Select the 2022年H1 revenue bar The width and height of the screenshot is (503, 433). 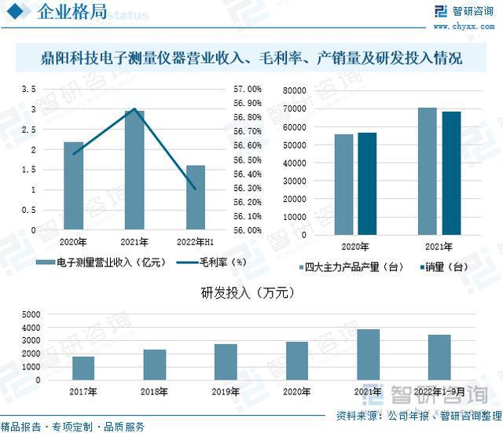pos(196,198)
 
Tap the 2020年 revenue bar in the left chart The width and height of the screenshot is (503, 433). pos(73,187)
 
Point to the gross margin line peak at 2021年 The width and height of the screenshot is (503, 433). pos(134,109)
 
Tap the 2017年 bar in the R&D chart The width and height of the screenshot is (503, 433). pos(83,368)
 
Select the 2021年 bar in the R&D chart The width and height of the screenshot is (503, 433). pos(369,354)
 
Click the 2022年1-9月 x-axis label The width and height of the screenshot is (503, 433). pos(439,391)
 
